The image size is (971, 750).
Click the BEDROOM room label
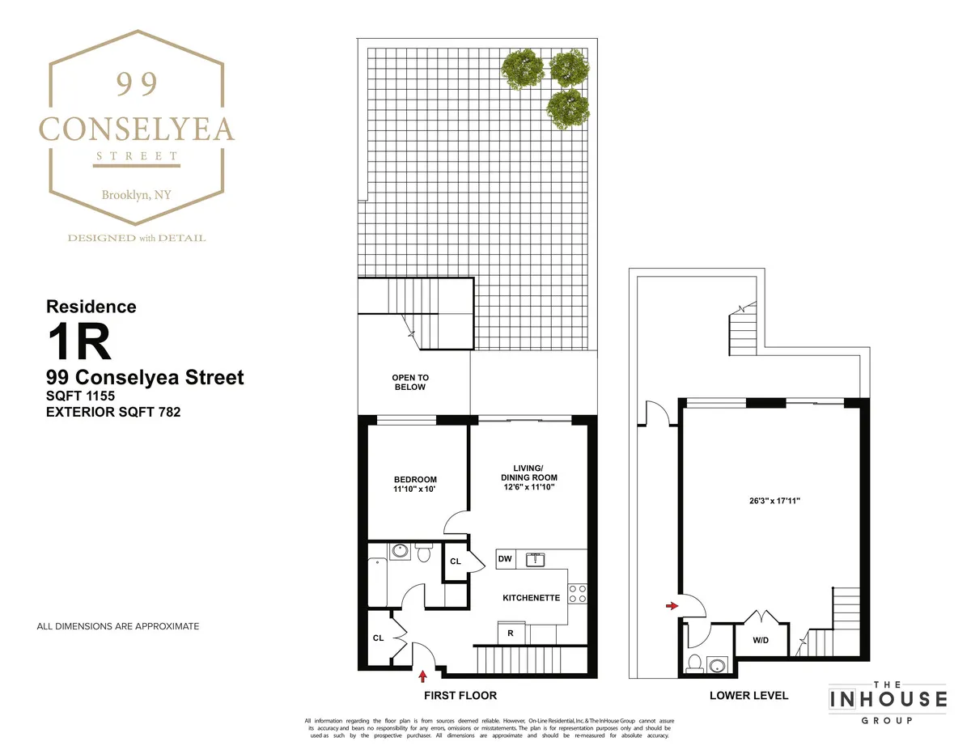click(416, 479)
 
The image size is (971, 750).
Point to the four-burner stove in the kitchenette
click(577, 593)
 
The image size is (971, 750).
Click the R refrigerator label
click(511, 633)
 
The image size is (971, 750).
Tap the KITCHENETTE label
click(531, 598)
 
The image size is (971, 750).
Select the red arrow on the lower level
click(672, 604)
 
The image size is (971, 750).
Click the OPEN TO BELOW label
click(409, 382)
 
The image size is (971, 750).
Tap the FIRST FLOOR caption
click(460, 695)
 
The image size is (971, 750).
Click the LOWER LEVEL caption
click(748, 695)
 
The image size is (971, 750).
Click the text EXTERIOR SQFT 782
click(113, 412)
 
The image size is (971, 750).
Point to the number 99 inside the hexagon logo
click(136, 83)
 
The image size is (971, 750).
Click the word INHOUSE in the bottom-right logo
click(887, 698)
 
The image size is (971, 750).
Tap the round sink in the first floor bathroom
click(399, 552)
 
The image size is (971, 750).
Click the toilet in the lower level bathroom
click(693, 665)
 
